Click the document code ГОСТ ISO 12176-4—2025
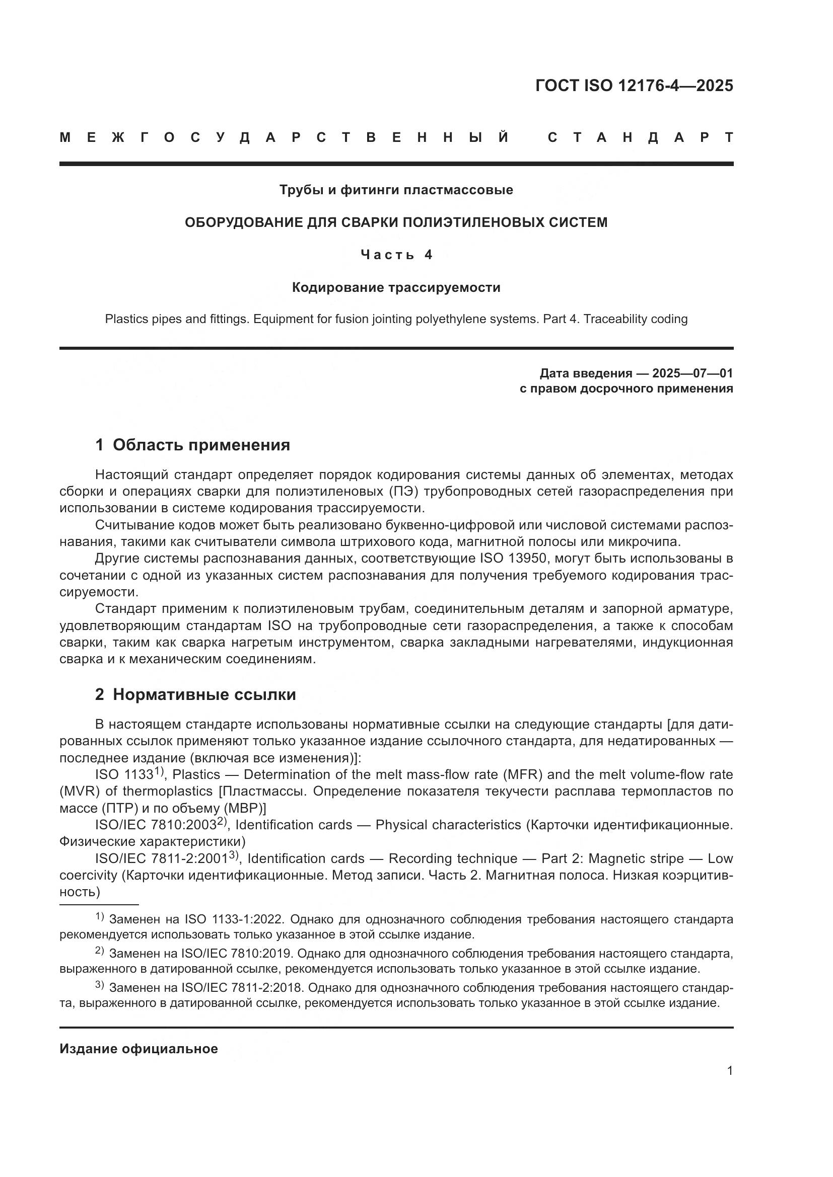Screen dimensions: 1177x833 coord(634,86)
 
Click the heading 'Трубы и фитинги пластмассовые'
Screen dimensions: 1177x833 coord(396,190)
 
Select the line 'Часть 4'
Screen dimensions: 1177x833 coord(396,255)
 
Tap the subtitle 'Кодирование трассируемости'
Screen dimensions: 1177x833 coord(396,288)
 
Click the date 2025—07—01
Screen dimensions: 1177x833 coord(692,373)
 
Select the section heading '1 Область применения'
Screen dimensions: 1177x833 coord(192,445)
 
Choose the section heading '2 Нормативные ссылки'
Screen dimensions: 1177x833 coord(195,694)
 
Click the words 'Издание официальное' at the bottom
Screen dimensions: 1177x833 coord(138,1049)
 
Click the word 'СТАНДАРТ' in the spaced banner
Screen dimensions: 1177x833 coord(640,137)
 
